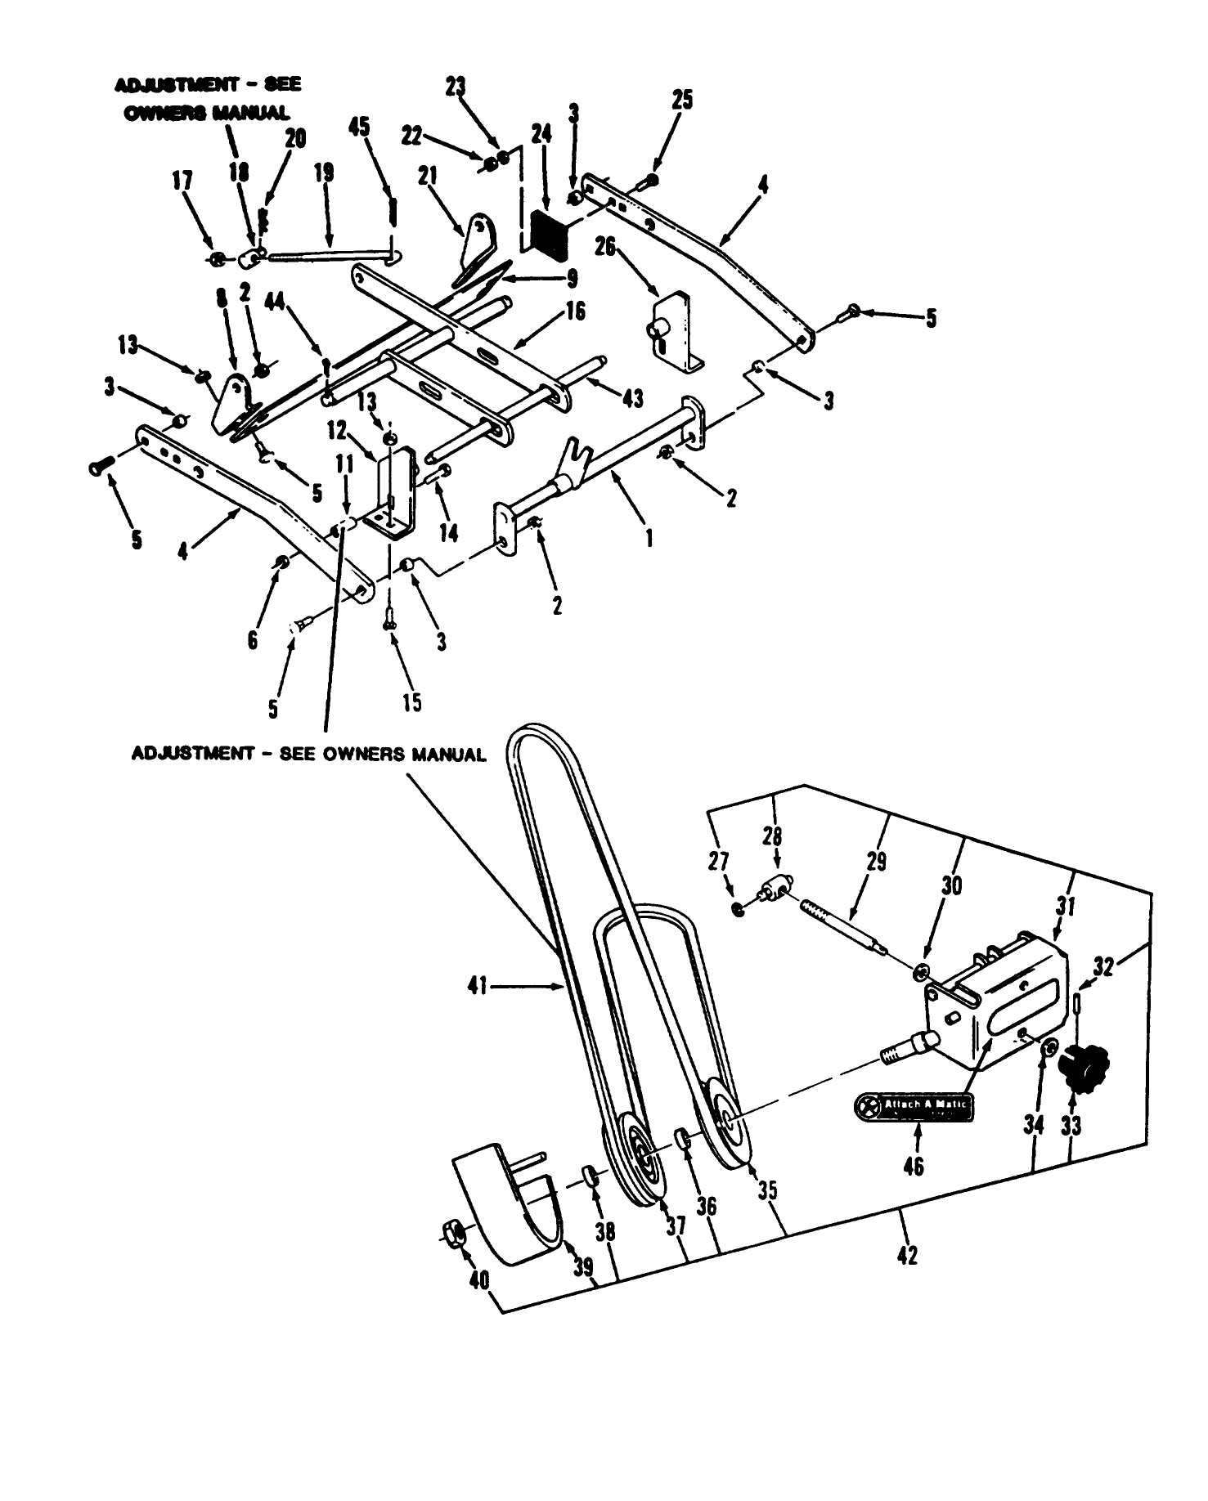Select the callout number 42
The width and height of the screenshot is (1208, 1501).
[907, 1255]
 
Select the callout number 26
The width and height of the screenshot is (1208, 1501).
[605, 246]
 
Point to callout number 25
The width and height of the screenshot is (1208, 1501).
[682, 100]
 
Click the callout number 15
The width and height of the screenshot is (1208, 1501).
[412, 701]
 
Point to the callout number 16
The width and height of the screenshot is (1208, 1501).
[576, 311]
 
